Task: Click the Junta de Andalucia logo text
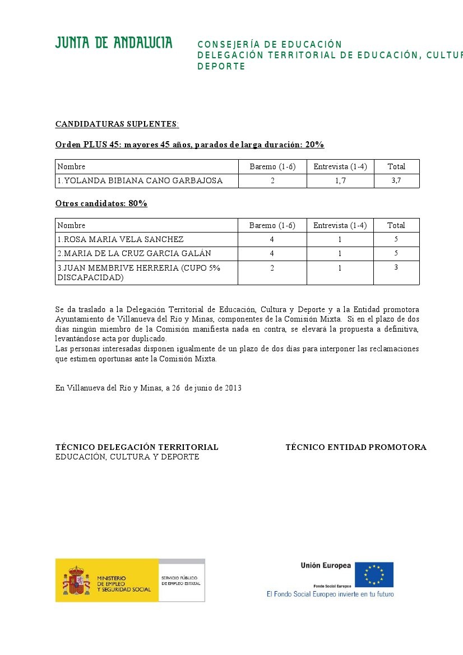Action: (114, 43)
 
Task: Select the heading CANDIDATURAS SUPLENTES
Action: (117, 124)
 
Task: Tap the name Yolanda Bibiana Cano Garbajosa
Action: (140, 180)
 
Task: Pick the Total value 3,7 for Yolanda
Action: (396, 180)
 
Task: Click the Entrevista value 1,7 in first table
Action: (340, 180)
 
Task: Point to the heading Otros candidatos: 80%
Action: (101, 203)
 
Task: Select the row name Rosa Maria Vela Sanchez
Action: (121, 239)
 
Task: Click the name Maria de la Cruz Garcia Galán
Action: (135, 253)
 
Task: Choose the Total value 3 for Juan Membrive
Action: (396, 268)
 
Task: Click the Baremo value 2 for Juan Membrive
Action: (272, 268)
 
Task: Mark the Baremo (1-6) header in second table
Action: (272, 225)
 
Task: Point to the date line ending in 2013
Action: (148, 388)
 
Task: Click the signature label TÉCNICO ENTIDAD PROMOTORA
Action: (355, 447)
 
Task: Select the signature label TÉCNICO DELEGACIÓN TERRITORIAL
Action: (137, 447)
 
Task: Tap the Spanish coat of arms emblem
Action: (76, 580)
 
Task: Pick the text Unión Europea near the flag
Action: (326, 565)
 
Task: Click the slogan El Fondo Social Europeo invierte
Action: (330, 594)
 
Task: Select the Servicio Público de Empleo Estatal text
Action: (180, 580)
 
